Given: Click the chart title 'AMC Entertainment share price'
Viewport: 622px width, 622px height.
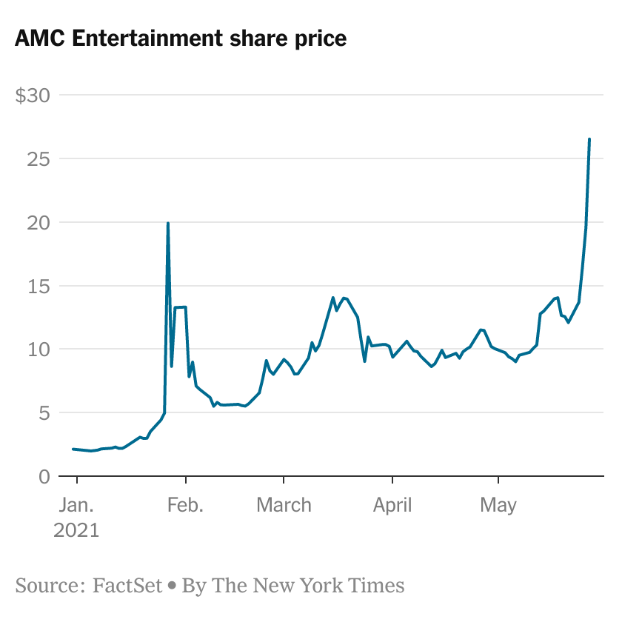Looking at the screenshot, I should pos(181,39).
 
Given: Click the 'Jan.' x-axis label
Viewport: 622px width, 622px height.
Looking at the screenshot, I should pos(76,506).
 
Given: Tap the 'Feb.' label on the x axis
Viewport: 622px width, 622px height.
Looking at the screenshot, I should pos(185,506).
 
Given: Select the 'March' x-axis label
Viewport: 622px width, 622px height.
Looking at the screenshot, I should pos(284,506).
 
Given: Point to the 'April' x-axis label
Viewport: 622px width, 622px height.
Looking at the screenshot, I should pos(392,506).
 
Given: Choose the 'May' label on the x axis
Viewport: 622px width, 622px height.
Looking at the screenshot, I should pos(498,506).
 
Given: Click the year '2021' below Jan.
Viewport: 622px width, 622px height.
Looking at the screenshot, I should pos(76,531).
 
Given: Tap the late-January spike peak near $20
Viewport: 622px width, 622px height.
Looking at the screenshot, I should pos(168,223).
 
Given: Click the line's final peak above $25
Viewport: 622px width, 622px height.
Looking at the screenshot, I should pos(589,139).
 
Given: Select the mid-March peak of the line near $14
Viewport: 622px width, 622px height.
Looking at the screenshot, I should pos(333,298).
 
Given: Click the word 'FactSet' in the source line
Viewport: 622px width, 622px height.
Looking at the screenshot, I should pos(127,586).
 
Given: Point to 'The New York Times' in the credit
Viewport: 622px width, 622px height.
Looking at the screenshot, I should pos(309,586).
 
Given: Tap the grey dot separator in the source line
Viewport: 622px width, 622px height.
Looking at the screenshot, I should pos(172,586).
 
